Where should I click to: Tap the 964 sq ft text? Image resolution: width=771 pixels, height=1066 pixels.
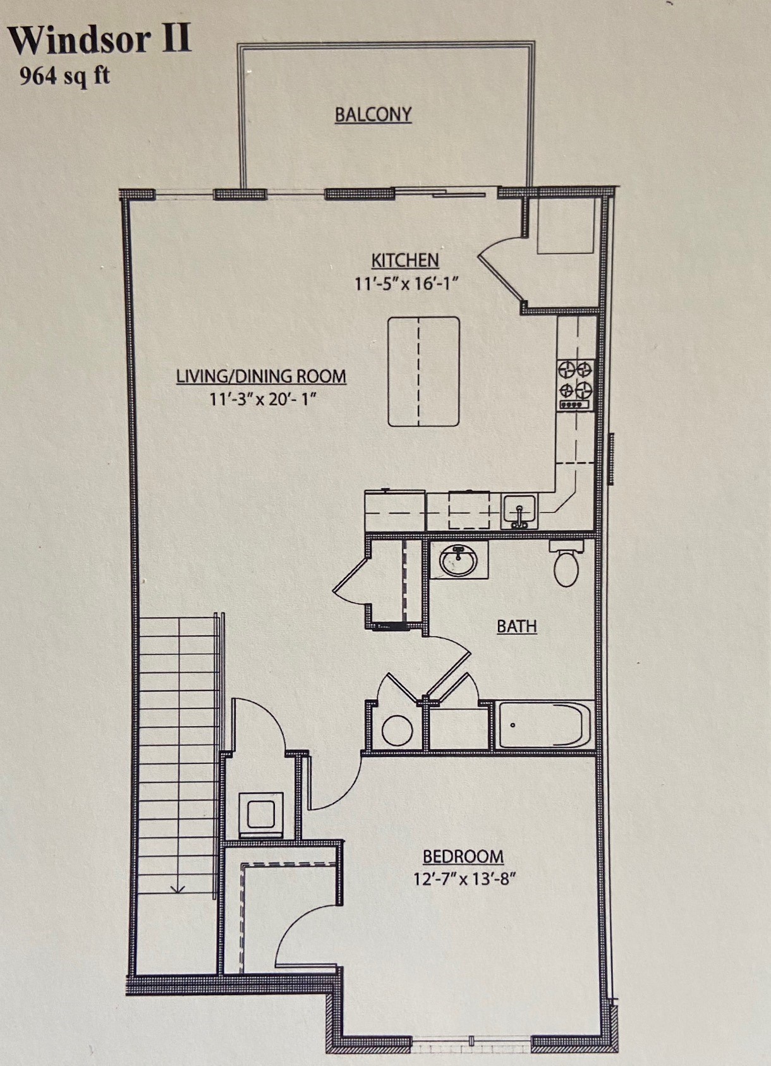pos(64,75)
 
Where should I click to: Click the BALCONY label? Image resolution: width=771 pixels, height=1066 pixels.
pos(373,115)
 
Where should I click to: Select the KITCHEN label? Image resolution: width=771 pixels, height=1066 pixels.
pos(404,260)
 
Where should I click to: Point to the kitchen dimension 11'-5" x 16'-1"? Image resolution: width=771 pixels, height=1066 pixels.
pos(405,284)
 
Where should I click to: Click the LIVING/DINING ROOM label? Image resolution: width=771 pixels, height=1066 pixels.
pos(260,377)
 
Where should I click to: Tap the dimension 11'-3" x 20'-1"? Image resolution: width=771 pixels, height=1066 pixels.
pos(262,399)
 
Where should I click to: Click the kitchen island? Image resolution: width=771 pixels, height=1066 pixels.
pos(423,372)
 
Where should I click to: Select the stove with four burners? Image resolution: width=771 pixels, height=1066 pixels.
pos(575,384)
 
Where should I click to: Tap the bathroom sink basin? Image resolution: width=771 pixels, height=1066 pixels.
pos(458,560)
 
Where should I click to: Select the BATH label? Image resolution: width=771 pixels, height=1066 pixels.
pos(516,626)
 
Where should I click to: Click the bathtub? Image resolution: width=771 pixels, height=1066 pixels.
pos(545,725)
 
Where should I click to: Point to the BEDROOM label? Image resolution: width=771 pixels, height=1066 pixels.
pos(463,857)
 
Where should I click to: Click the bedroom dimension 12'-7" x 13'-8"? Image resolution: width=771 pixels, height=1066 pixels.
pos(464,879)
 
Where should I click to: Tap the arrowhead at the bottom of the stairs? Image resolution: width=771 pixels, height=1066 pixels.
pos(178,889)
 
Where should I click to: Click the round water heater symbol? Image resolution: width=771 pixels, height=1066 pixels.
pos(398,730)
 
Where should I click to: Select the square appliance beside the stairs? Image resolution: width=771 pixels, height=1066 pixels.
pos(261,815)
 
